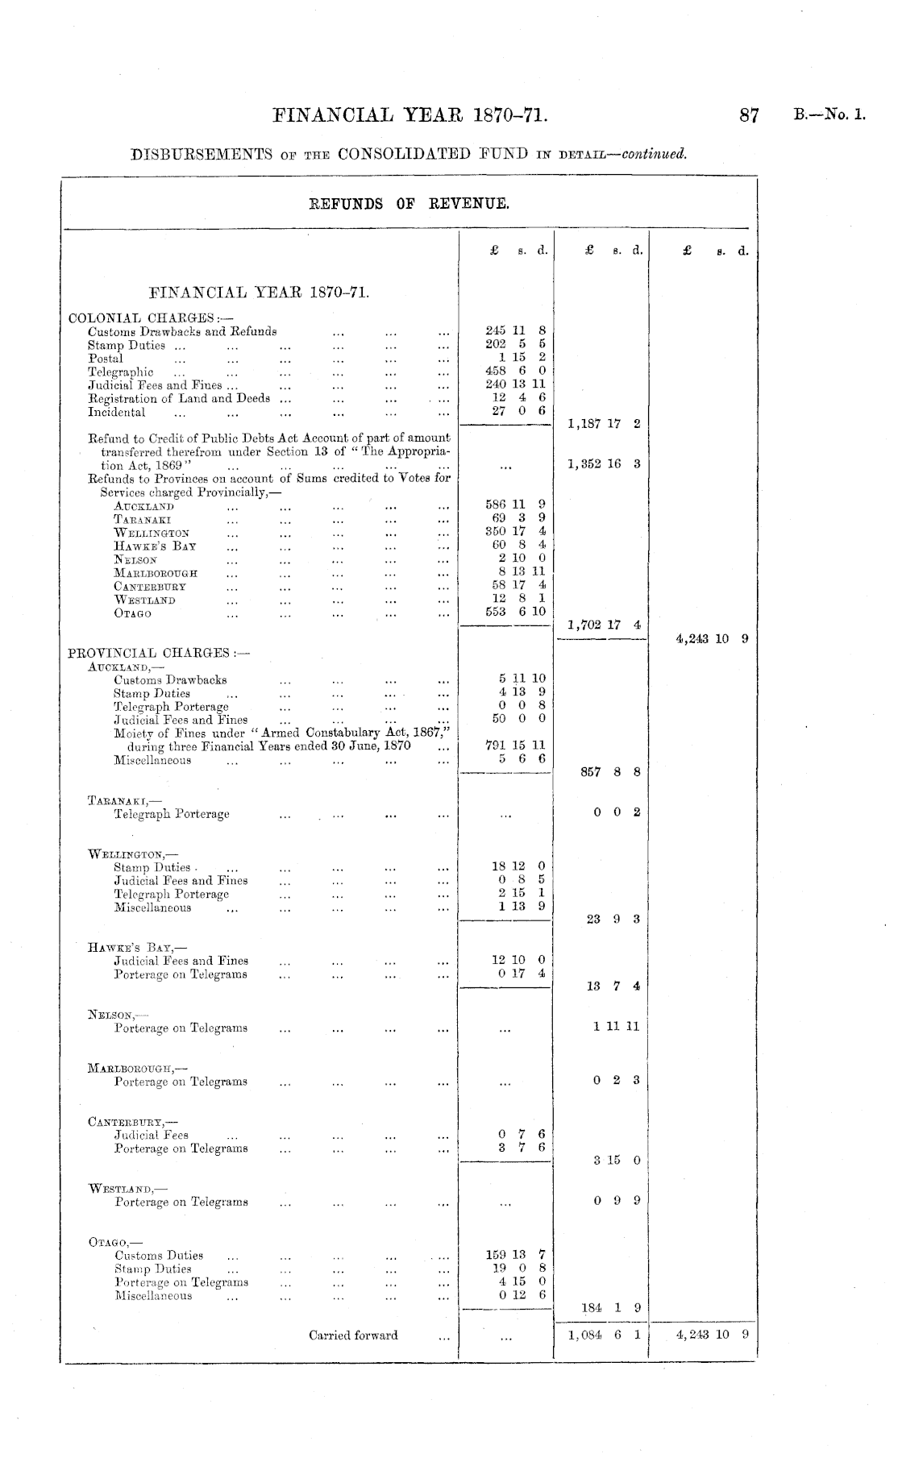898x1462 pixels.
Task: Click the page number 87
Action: tap(749, 116)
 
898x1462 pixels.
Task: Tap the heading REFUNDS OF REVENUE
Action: tap(410, 204)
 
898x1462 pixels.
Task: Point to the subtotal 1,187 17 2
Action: tap(604, 424)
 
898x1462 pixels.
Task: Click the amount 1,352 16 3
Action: tap(604, 464)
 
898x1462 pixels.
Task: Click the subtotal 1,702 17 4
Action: tap(604, 625)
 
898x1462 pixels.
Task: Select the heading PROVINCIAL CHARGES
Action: tap(159, 653)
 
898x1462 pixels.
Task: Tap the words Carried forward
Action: tap(353, 1335)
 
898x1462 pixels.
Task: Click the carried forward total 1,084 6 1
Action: tap(604, 1335)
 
